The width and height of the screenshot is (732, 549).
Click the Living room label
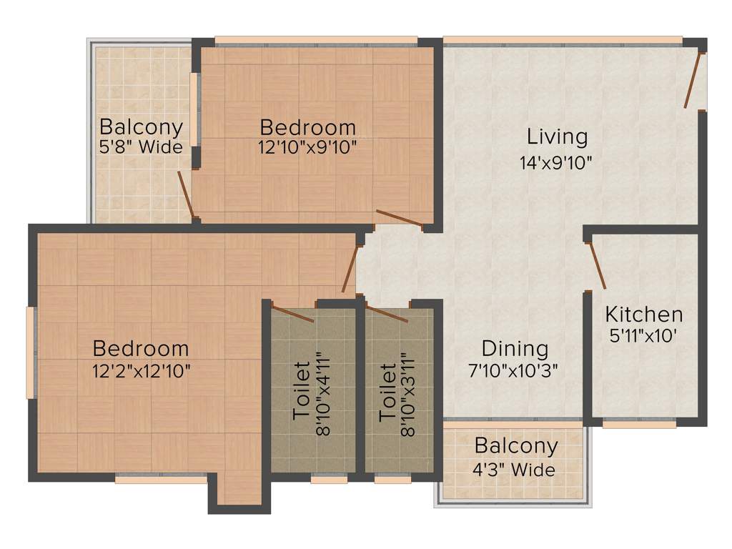557,136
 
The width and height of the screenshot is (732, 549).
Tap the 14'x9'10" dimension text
557,162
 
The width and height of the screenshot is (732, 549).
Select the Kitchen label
643,314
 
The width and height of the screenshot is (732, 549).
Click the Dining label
515,349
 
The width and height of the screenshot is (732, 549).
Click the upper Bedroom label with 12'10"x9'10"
307,128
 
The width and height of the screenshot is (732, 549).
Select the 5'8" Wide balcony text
141,148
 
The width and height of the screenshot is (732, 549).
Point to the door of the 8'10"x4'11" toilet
293,314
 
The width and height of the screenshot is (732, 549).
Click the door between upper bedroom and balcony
185,193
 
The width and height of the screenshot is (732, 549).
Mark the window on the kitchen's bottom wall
639,424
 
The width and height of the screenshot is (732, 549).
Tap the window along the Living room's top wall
562,41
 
